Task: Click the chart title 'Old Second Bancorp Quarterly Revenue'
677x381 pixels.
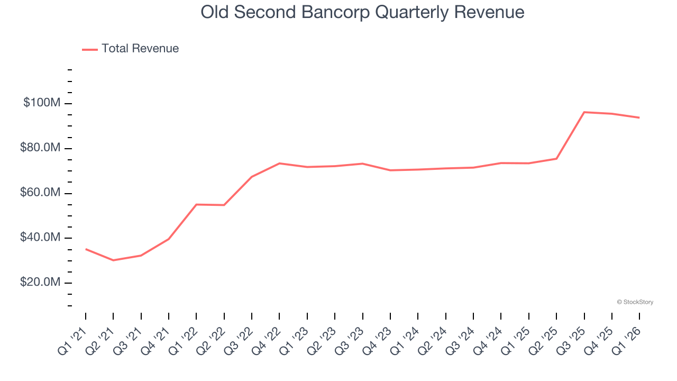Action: point(362,12)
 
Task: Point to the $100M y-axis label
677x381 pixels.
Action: point(42,103)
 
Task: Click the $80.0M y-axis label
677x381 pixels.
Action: point(40,148)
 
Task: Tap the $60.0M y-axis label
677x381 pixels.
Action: point(40,193)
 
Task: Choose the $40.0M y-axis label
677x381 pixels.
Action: point(40,238)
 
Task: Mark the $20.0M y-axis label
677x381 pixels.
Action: point(40,283)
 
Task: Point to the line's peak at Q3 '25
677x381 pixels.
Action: point(584,112)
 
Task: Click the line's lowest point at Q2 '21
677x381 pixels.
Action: point(113,260)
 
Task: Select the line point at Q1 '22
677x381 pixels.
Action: point(196,204)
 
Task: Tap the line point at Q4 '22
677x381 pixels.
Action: point(279,164)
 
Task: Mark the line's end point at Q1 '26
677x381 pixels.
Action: point(639,117)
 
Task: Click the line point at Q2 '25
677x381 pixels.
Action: point(556,159)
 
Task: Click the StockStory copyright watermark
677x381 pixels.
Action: point(635,302)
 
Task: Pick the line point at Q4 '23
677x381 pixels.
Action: point(390,170)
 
